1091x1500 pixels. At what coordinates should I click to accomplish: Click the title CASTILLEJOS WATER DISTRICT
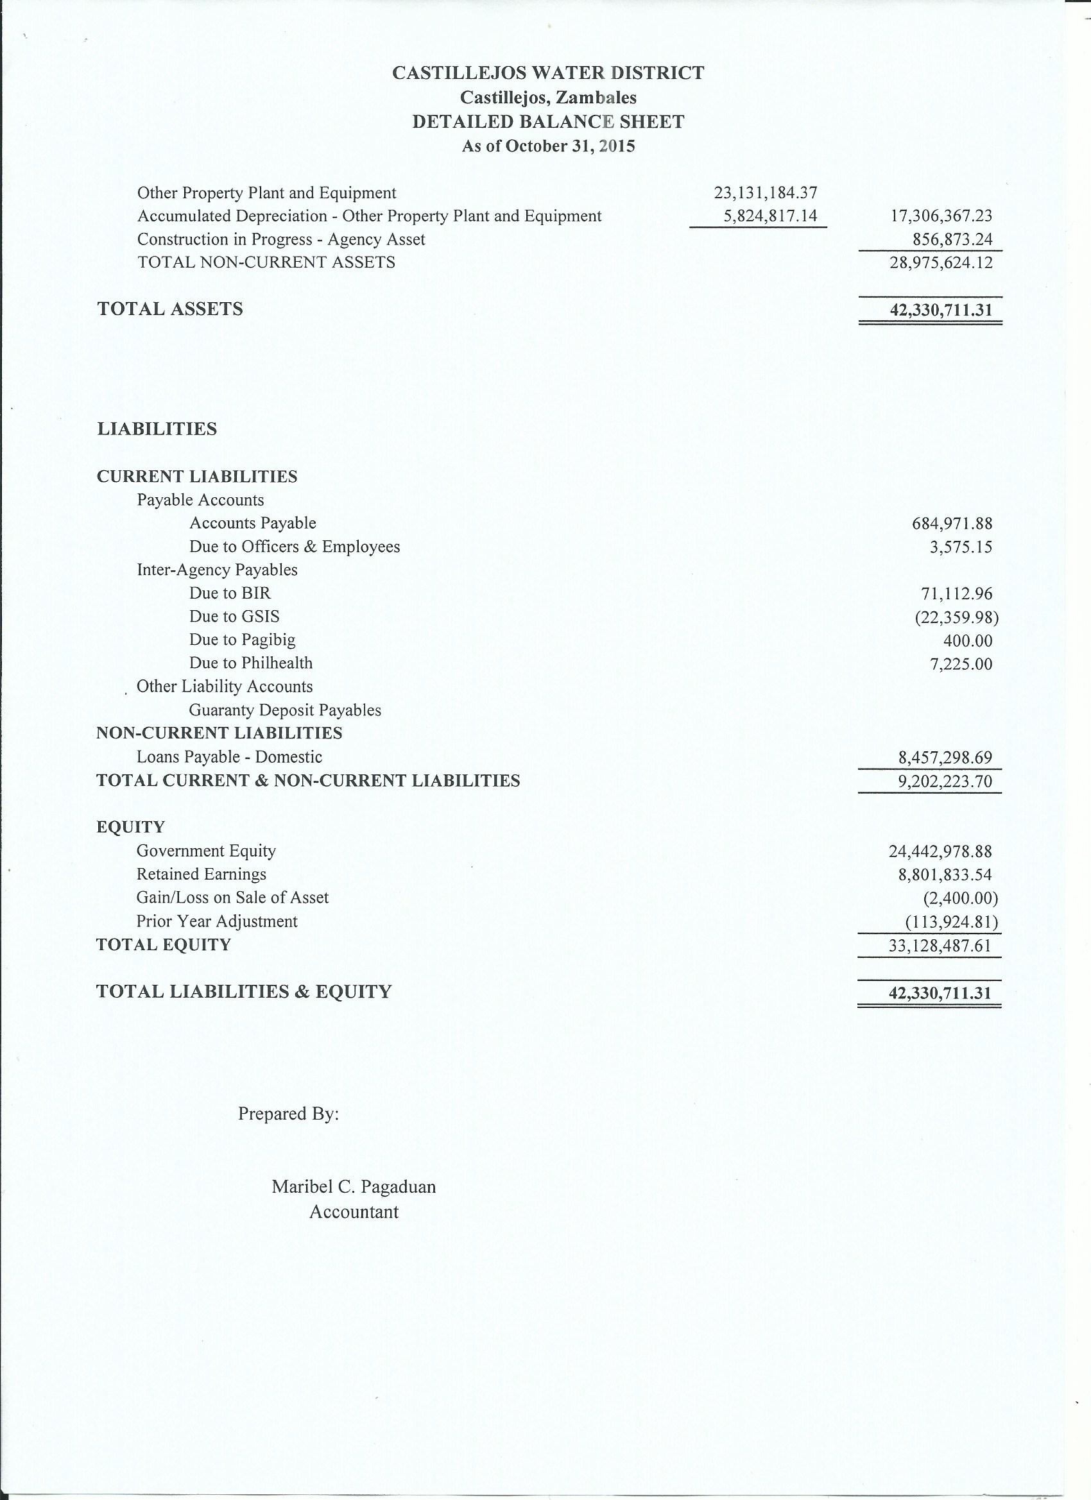[x=548, y=72]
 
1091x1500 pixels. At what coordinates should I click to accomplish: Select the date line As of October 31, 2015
[x=548, y=146]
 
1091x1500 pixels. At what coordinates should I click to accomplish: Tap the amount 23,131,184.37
[x=766, y=193]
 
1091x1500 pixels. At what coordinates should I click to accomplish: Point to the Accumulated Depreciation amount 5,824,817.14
[x=771, y=216]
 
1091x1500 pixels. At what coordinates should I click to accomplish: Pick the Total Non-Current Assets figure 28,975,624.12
[x=941, y=263]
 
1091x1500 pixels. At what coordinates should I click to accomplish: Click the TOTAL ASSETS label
[x=170, y=309]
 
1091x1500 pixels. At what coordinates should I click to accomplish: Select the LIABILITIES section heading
[x=157, y=429]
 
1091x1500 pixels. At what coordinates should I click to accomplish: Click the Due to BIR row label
[x=230, y=593]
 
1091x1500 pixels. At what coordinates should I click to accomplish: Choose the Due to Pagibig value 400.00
[x=967, y=640]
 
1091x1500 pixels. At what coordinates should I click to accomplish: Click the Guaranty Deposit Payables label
[x=285, y=710]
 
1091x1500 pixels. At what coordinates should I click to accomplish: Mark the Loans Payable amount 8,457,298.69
[x=945, y=757]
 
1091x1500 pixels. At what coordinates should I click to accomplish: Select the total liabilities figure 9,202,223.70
[x=945, y=781]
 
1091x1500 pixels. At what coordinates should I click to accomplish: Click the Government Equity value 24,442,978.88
[x=940, y=851]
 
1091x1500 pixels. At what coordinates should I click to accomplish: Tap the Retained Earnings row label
[x=201, y=874]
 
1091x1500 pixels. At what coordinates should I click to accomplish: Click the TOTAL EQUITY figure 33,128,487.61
[x=940, y=946]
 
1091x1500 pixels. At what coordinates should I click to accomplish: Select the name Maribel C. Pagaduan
[x=354, y=1186]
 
